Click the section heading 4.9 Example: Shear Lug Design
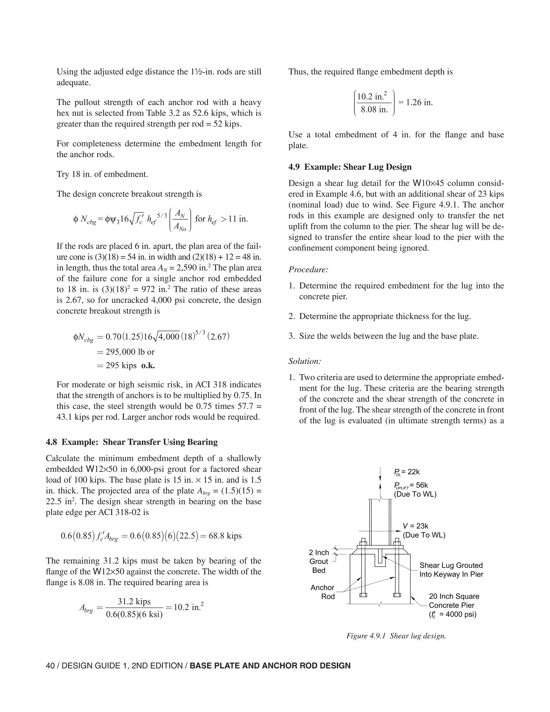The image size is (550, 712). [350, 167]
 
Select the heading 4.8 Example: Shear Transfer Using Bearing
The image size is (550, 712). [132, 442]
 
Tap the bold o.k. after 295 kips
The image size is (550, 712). [148, 365]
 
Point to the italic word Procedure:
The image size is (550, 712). [308, 269]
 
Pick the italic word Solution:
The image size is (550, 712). [305, 361]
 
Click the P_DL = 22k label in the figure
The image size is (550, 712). [407, 472]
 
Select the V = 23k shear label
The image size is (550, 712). [415, 526]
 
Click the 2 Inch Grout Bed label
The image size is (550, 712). [319, 561]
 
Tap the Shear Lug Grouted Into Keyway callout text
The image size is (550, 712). [451, 570]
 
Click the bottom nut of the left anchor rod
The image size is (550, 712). [363, 595]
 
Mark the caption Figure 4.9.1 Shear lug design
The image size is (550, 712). [396, 636]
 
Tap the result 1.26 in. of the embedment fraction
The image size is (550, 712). [415, 102]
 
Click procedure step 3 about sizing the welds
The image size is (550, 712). [383, 336]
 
